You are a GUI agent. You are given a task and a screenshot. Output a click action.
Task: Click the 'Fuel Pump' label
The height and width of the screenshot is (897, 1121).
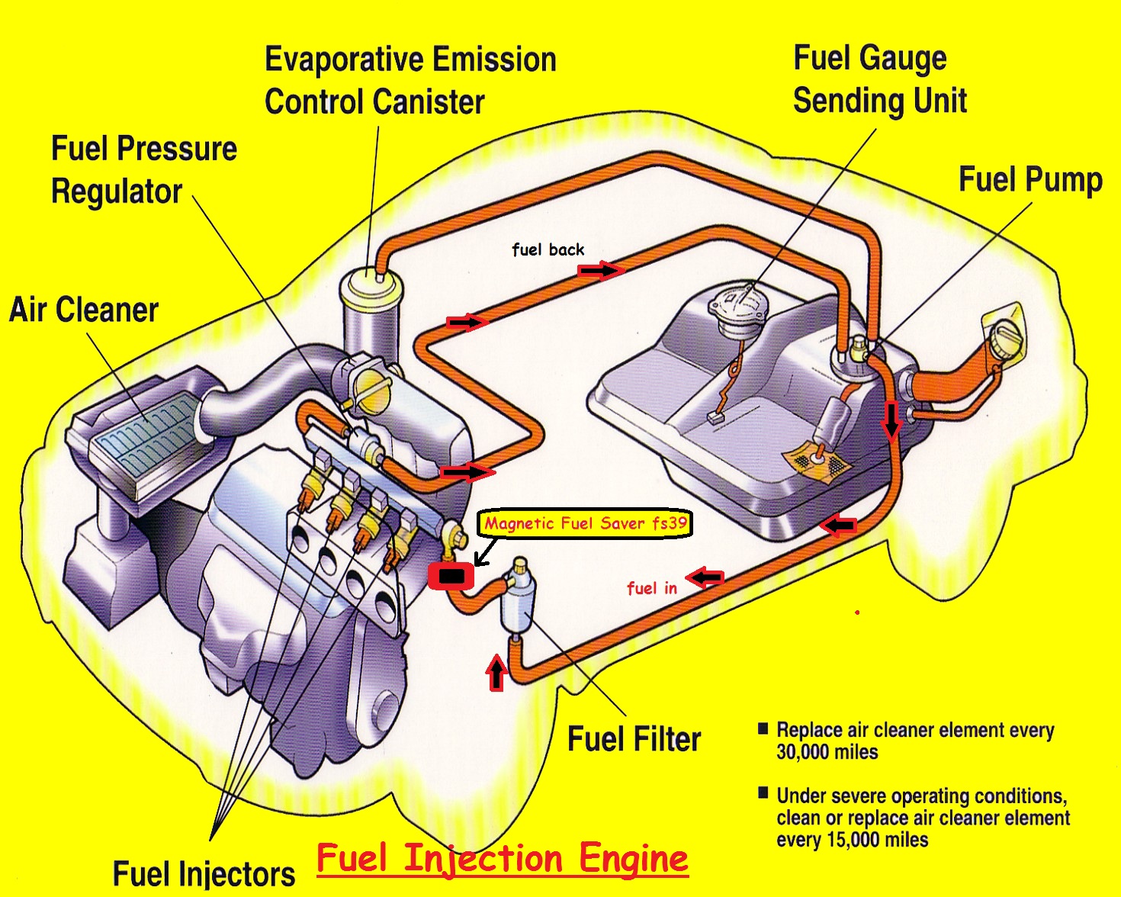[1029, 180]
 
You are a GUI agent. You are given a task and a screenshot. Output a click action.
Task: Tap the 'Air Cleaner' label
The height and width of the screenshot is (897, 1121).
[84, 310]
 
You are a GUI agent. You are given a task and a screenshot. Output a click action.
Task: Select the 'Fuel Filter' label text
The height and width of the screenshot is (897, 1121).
[634, 739]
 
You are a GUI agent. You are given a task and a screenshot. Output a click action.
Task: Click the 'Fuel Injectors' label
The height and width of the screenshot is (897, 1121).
[204, 873]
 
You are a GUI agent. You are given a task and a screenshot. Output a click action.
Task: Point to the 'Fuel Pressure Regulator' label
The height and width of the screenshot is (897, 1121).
[143, 170]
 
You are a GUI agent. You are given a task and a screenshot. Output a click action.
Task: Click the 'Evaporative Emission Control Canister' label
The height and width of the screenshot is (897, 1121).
[410, 81]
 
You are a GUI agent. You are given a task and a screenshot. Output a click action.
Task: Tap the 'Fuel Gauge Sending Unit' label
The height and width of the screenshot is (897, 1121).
[879, 79]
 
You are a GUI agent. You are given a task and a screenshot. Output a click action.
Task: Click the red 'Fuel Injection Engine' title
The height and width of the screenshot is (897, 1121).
[502, 858]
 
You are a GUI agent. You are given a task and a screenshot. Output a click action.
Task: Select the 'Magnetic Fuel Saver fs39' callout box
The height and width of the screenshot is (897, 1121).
[585, 523]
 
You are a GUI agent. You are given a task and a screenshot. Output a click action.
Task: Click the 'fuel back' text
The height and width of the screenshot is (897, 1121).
[548, 249]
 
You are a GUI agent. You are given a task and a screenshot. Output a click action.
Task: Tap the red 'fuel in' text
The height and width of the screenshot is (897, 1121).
[651, 588]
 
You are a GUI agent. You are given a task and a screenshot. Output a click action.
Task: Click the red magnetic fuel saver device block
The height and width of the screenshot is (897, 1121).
[451, 576]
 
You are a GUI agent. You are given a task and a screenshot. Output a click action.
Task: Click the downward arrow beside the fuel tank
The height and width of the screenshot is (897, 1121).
[891, 420]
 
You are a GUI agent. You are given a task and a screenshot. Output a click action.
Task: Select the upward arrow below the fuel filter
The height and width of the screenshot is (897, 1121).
[496, 672]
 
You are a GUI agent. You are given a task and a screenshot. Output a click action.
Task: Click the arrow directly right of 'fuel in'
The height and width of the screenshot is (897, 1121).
[705, 578]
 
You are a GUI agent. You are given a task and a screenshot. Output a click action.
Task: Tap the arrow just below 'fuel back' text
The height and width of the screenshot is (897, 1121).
[601, 270]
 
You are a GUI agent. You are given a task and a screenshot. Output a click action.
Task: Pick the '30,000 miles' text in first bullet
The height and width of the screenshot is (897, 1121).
[827, 753]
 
